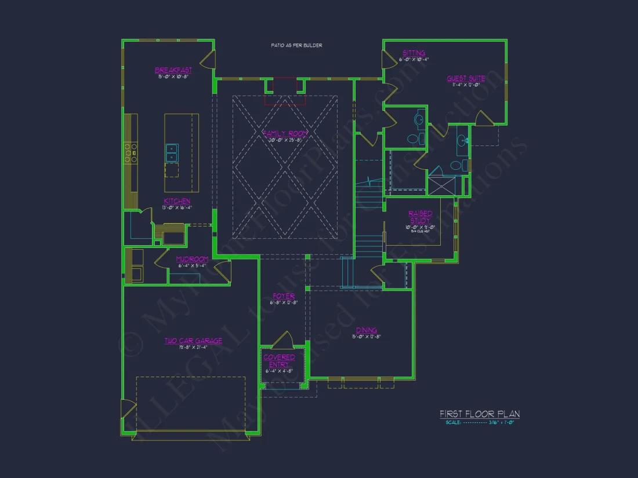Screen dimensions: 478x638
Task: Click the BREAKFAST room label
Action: pyautogui.click(x=173, y=70)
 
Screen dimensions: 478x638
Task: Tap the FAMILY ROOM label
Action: pyautogui.click(x=285, y=133)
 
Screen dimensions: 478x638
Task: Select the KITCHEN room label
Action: pyautogui.click(x=177, y=201)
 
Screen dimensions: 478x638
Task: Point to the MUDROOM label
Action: pyautogui.click(x=192, y=259)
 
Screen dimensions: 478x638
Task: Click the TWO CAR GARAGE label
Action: pyautogui.click(x=193, y=341)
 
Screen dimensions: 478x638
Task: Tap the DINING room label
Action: pyautogui.click(x=367, y=330)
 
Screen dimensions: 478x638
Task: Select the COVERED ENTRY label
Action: pyautogui.click(x=279, y=361)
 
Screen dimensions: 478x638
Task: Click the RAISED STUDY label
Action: pyautogui.click(x=419, y=217)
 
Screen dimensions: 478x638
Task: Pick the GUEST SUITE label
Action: pyautogui.click(x=465, y=78)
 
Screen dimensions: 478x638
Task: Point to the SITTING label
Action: pyautogui.click(x=414, y=53)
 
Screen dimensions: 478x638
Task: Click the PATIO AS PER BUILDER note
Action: pyautogui.click(x=296, y=45)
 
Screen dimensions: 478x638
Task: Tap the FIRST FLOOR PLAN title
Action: pyautogui.click(x=479, y=414)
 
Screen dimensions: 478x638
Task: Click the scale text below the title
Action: pyautogui.click(x=480, y=423)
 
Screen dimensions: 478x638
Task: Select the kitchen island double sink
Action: pyautogui.click(x=172, y=152)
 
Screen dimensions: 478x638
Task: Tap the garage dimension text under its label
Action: pyautogui.click(x=193, y=347)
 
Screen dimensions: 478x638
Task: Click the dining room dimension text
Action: pyautogui.click(x=366, y=337)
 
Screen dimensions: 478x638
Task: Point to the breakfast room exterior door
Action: pyautogui.click(x=208, y=59)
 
